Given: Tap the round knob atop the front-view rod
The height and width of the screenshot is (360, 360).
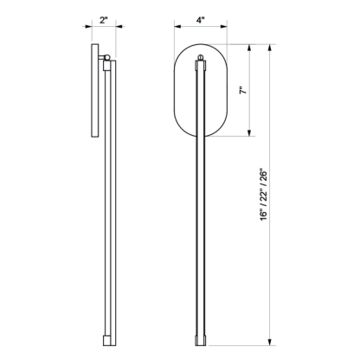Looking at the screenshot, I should (201, 58).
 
